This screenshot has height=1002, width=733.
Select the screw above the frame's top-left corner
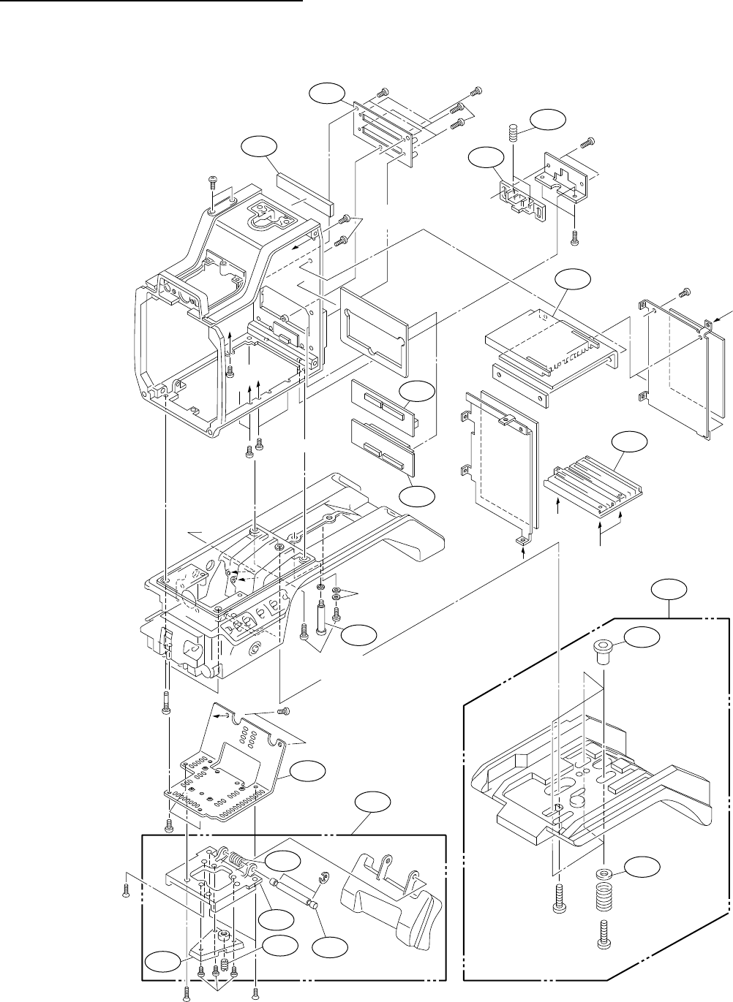point(213,180)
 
